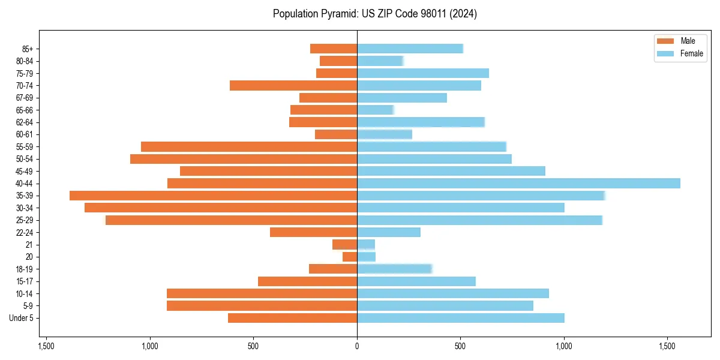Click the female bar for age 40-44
pos(518,183)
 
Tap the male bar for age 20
pos(350,257)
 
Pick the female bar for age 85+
pos(410,49)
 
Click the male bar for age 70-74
pos(293,85)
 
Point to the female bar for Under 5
pos(460,318)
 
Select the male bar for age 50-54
pos(244,159)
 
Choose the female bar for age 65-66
pos(375,110)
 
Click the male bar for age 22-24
pos(313,232)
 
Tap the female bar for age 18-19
pos(394,269)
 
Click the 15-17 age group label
pos(25,281)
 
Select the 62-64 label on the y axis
pos(25,122)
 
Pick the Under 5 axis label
pos(22,318)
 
